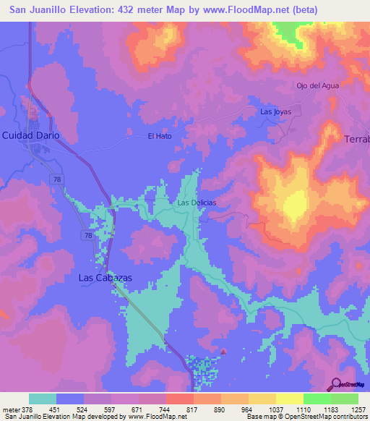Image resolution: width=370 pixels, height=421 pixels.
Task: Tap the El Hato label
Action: click(160, 136)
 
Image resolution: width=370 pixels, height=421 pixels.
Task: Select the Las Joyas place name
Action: click(275, 111)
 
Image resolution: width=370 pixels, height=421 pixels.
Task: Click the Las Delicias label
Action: click(197, 203)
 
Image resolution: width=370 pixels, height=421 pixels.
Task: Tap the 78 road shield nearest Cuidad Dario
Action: click(56, 178)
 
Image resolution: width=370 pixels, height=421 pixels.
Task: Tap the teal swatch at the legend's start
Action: click(43, 399)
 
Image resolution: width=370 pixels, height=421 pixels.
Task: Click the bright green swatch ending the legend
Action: click(345, 399)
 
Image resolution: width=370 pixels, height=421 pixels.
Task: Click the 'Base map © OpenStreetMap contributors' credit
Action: click(306, 417)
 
